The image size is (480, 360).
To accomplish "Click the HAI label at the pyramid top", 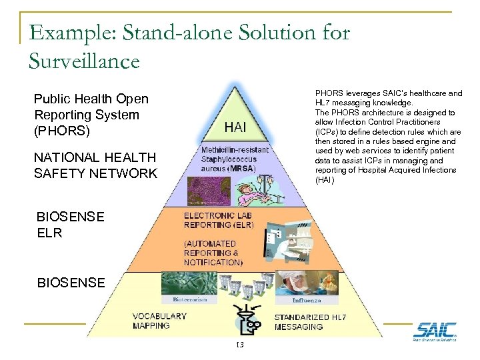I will pos(237,127).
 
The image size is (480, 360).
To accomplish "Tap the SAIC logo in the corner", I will pos(435,331).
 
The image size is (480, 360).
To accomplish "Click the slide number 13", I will pos(239,345).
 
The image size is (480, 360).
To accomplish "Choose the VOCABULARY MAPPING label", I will pos(159,321).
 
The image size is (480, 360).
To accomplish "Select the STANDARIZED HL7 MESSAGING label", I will pos(310,322).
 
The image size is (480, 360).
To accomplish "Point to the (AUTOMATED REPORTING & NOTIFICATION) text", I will pos(213,253).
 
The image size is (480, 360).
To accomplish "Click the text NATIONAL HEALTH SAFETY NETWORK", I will pos(95,165).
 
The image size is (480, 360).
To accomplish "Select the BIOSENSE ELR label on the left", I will pos(70,225).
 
